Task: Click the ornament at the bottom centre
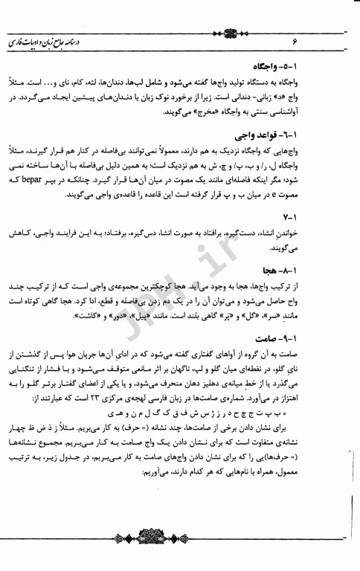coord(180,555)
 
